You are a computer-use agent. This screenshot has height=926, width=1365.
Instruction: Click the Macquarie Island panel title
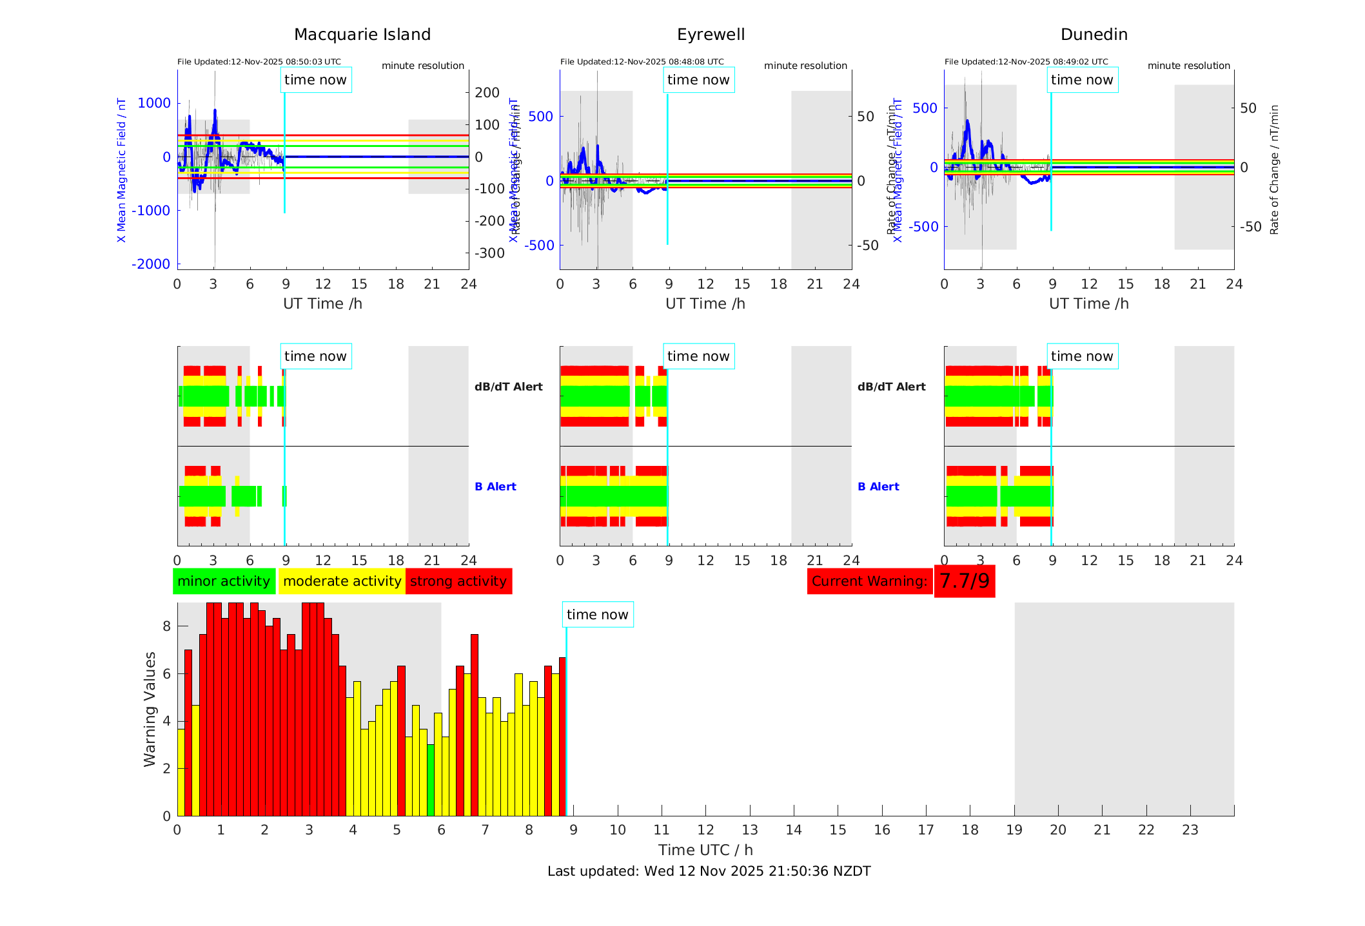[x=362, y=35]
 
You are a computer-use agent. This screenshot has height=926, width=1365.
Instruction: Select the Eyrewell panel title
[x=711, y=35]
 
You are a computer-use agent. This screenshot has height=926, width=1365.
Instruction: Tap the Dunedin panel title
[x=1094, y=35]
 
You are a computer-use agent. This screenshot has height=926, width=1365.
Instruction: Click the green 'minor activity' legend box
[x=224, y=581]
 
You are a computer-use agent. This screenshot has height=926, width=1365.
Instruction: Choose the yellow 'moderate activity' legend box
[x=342, y=581]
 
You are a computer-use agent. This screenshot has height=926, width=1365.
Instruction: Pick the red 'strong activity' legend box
[x=458, y=581]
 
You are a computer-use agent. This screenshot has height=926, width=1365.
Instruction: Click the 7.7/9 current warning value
[x=964, y=581]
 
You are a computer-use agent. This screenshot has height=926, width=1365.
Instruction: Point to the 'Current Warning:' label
[x=869, y=581]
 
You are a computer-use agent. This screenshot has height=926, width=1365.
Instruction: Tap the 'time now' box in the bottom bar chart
[x=597, y=615]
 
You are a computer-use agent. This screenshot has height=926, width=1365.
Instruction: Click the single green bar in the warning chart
[x=431, y=780]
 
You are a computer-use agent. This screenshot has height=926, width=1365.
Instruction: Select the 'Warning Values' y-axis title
[x=150, y=709]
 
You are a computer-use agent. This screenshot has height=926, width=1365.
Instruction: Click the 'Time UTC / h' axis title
[x=705, y=850]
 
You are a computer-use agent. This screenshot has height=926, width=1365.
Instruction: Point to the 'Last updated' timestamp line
[x=709, y=871]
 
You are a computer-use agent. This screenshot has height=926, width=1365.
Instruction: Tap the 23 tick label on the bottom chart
[x=1190, y=830]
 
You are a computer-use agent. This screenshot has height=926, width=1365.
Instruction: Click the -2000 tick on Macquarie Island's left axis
[x=151, y=264]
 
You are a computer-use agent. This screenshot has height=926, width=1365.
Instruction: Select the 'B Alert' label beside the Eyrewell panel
[x=878, y=487]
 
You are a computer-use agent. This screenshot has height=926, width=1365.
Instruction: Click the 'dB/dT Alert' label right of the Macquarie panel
[x=508, y=387]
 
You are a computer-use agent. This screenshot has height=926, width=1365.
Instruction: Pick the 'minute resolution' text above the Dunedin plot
[x=1188, y=66]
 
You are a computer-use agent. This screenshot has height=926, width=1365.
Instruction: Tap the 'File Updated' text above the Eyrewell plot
[x=642, y=62]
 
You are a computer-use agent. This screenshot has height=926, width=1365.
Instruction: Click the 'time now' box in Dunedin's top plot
[x=1082, y=80]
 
